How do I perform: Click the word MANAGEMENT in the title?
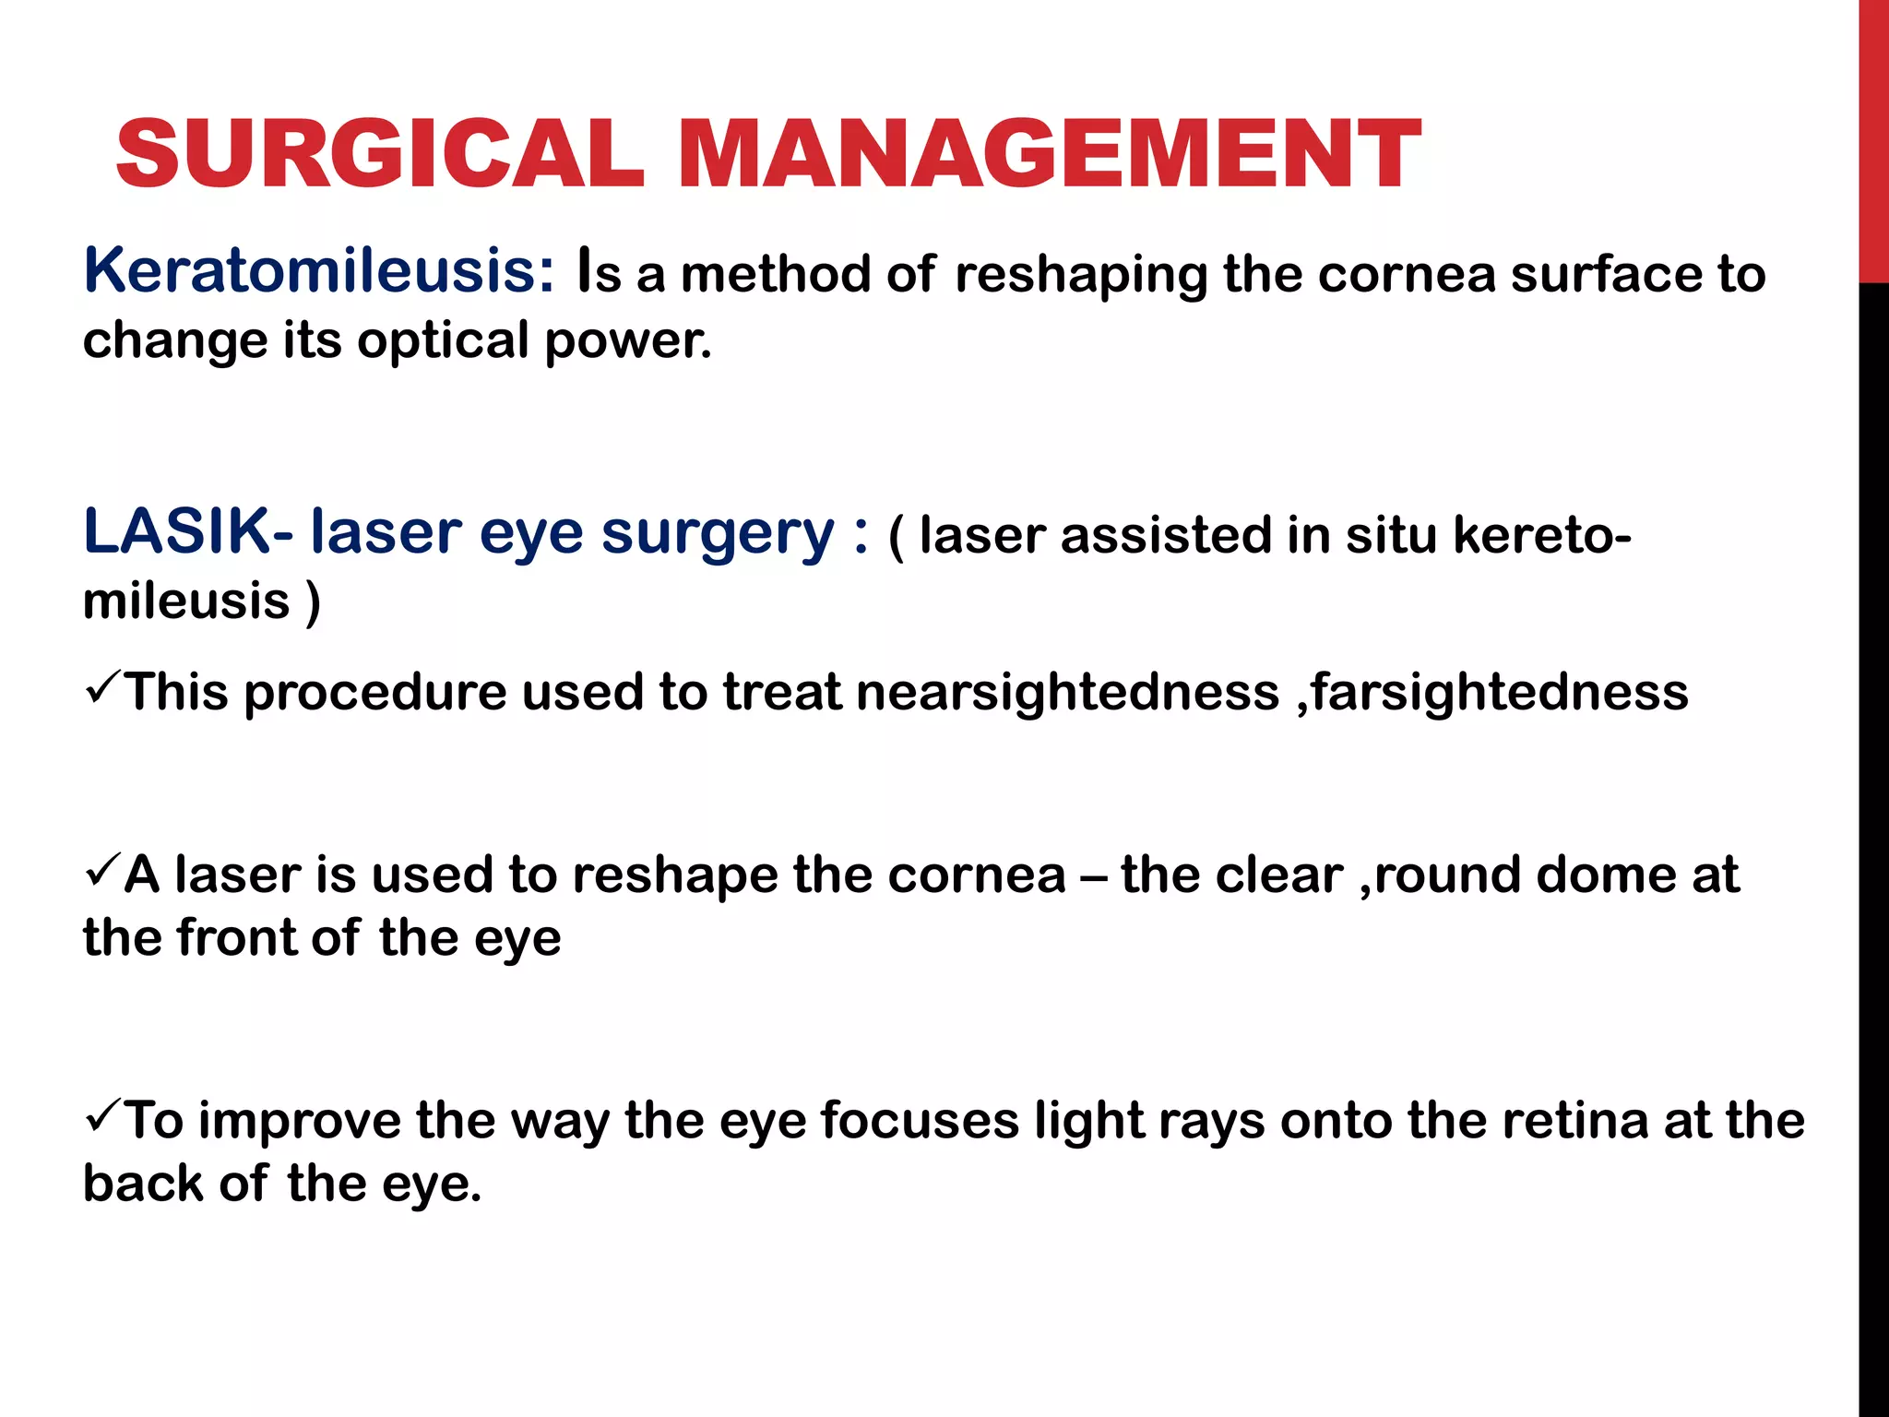(1049, 154)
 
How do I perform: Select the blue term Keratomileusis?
(319, 271)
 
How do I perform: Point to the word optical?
(442, 340)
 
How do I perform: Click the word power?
(628, 340)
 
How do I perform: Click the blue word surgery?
(718, 535)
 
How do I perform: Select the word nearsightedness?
(1067, 693)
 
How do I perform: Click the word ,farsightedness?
(1493, 693)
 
